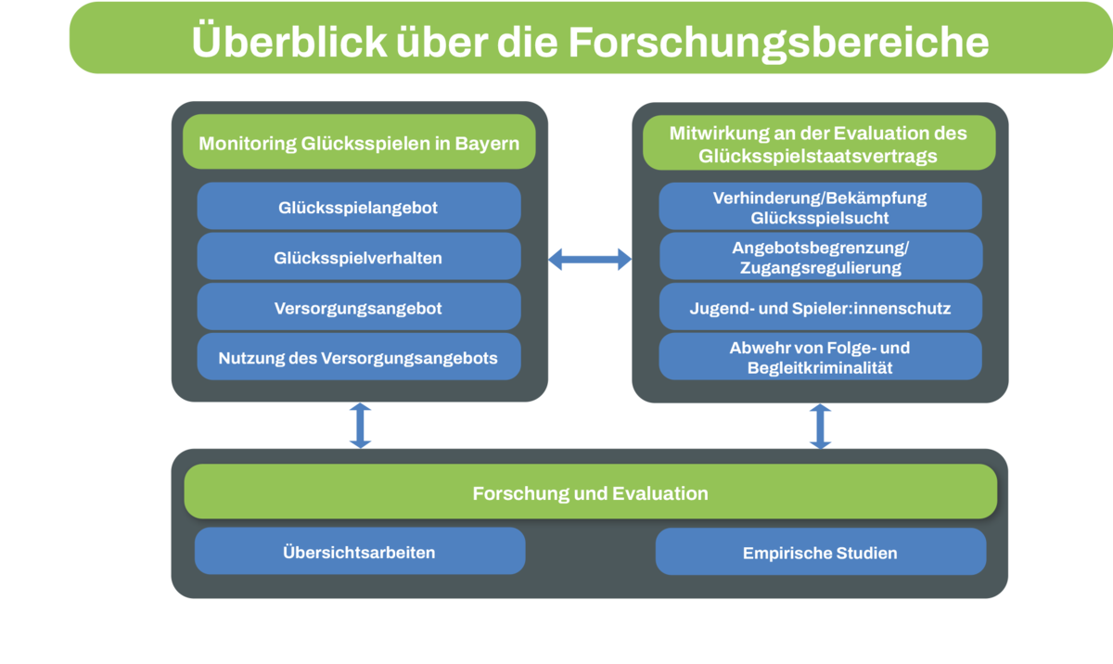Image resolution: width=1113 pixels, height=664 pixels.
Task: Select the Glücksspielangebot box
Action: (358, 208)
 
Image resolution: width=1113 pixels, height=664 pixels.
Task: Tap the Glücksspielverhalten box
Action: (358, 258)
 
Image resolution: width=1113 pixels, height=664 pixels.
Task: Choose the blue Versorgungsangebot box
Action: (358, 308)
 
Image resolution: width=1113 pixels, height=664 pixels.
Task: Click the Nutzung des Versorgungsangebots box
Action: (358, 358)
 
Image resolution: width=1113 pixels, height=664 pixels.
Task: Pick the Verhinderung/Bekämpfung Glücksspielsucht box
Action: (820, 208)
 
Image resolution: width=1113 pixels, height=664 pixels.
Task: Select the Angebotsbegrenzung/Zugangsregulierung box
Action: (820, 258)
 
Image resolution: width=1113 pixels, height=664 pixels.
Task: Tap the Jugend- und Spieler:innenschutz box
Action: (820, 308)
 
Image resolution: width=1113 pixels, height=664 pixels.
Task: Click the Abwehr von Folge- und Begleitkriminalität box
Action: (820, 358)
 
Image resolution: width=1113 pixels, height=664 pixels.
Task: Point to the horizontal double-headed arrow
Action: (590, 260)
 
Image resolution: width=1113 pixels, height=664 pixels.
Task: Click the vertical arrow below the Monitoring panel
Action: (360, 426)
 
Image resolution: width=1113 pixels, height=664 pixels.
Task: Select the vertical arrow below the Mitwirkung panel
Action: (820, 426)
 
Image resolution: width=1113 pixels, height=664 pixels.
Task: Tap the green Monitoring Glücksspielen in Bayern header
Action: (358, 144)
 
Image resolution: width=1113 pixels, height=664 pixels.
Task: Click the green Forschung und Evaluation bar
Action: (590, 493)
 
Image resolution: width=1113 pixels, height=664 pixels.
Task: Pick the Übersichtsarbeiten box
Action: (359, 553)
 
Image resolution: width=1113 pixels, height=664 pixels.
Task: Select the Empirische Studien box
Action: (820, 553)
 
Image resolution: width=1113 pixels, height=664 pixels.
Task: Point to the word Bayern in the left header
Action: (487, 144)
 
